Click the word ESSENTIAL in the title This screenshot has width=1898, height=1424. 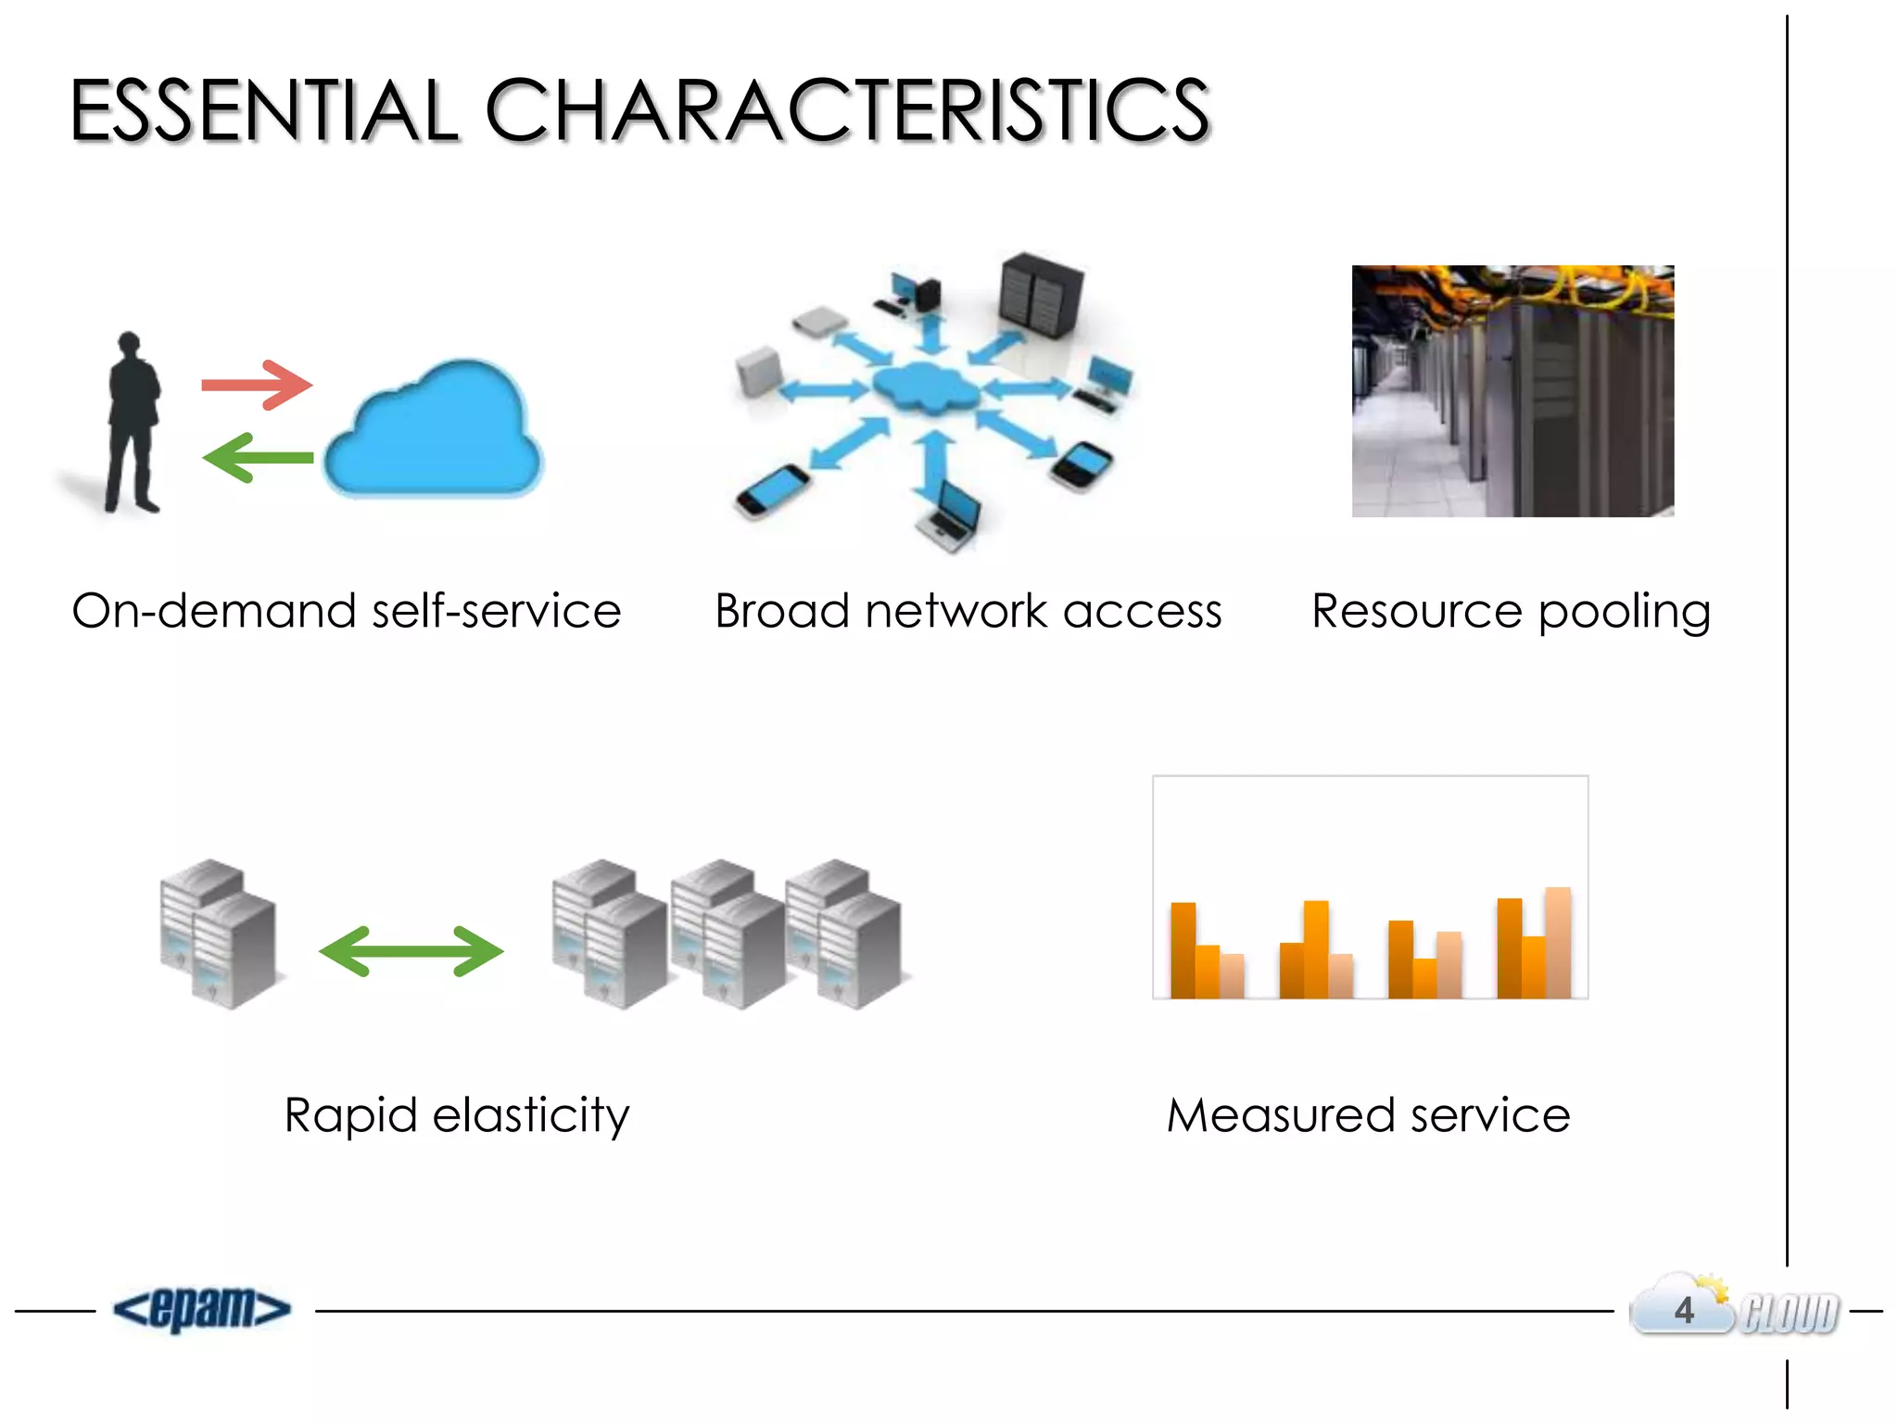point(264,111)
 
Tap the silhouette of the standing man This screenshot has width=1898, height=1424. point(132,422)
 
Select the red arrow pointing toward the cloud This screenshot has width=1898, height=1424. point(257,385)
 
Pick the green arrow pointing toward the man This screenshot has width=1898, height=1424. point(258,457)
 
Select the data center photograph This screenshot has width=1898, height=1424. point(1512,391)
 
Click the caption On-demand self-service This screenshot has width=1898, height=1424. point(347,612)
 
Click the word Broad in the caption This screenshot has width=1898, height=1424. point(782,612)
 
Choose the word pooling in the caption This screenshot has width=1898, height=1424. point(1624,612)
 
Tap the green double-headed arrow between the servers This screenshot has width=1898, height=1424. point(411,951)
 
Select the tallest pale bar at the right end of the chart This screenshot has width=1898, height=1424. point(1558,942)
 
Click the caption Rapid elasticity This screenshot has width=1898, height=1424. point(457,1115)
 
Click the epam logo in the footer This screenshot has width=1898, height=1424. point(202,1309)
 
